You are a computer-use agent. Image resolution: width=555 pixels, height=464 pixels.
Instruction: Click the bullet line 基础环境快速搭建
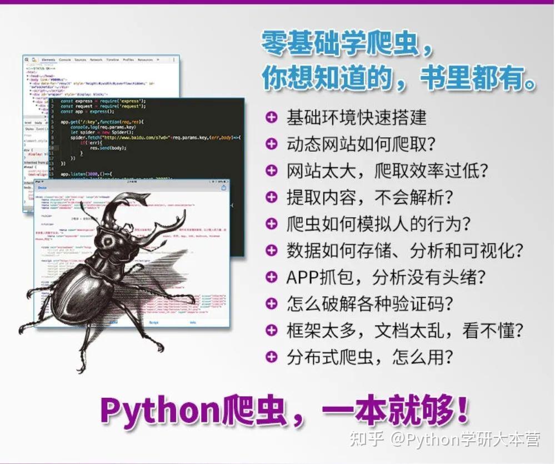click(356, 118)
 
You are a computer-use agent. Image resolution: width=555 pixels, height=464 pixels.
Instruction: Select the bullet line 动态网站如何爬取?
click(361, 144)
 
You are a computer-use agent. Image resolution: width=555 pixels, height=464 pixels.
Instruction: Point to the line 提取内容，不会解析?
click(370, 197)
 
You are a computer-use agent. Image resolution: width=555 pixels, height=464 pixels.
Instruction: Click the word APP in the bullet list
click(304, 277)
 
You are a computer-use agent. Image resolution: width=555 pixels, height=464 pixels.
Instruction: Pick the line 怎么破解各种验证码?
click(370, 303)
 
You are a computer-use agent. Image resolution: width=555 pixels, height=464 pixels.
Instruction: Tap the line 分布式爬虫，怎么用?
click(370, 357)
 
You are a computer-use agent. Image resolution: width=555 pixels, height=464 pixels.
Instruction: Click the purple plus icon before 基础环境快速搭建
click(271, 118)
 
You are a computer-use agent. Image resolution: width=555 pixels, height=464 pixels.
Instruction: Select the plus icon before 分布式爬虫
click(271, 357)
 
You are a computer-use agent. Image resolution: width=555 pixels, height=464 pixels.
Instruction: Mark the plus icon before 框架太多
click(271, 330)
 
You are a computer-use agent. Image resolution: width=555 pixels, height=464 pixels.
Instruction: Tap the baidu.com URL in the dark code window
click(136, 137)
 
